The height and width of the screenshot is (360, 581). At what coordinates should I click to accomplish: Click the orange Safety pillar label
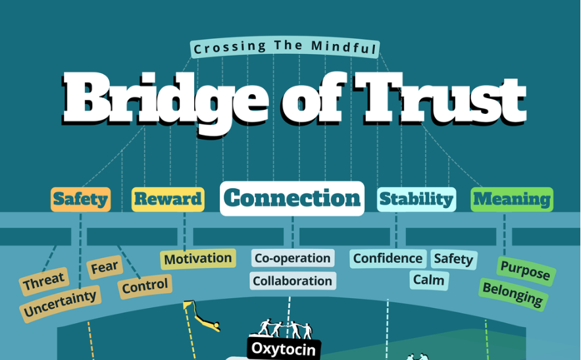point(80,199)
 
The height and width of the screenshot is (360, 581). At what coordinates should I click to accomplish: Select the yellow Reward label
point(168,199)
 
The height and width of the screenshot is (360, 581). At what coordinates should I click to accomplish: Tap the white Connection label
point(292,198)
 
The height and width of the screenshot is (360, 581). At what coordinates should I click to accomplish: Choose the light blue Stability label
point(417,199)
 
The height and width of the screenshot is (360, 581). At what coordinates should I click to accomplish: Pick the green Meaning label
point(512,199)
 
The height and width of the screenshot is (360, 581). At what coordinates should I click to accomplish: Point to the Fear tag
point(104,267)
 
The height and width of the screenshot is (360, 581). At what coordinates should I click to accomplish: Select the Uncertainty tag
point(60,303)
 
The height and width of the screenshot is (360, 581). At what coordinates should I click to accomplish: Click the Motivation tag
point(198,259)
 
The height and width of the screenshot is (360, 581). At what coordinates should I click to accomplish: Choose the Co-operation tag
point(292,258)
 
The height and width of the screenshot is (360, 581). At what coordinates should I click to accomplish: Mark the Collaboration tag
point(293,281)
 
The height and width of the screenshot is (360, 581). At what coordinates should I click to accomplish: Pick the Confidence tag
point(388,259)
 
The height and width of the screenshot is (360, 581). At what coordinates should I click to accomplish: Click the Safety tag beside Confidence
point(453,259)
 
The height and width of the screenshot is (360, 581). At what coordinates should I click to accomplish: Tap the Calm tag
point(429,280)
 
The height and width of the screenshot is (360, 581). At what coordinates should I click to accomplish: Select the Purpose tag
point(525,270)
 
